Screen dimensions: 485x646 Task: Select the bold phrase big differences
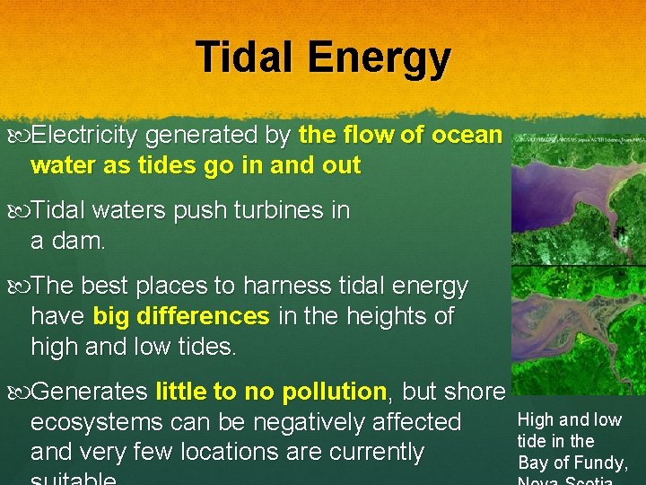[180, 317]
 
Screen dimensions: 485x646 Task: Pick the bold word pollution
[333, 392]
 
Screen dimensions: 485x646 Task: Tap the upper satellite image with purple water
[578, 198]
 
